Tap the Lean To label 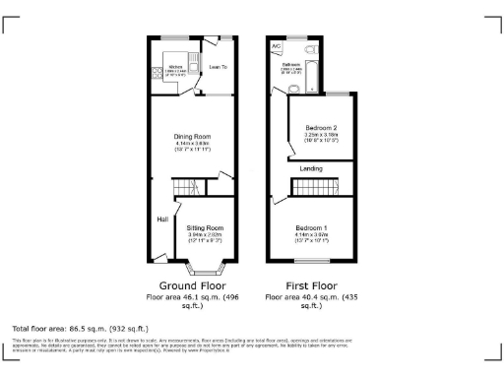[x=218, y=67]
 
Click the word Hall [x=161, y=219]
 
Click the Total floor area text [x=80, y=327]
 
